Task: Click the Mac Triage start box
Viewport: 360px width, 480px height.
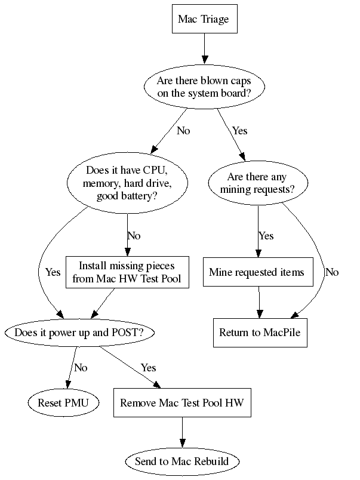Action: click(x=204, y=20)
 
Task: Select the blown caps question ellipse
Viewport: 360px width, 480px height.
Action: click(x=204, y=87)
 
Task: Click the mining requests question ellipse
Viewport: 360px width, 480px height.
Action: click(x=257, y=183)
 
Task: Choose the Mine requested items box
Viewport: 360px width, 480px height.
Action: click(x=257, y=272)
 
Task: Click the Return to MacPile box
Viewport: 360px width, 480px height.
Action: click(x=260, y=333)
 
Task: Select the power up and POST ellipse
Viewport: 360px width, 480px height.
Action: click(x=79, y=333)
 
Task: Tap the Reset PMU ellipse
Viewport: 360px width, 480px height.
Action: click(x=63, y=403)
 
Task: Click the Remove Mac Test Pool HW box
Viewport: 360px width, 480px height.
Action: click(x=181, y=403)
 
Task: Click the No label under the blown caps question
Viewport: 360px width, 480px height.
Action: click(x=183, y=131)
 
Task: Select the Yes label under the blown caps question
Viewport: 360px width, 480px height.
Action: click(x=239, y=131)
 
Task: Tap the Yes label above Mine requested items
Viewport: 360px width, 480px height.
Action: click(x=266, y=236)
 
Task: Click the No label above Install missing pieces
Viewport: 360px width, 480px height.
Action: click(x=134, y=236)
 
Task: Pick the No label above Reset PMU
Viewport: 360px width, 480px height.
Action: click(x=81, y=367)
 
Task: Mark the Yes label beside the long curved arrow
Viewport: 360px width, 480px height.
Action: click(x=53, y=272)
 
